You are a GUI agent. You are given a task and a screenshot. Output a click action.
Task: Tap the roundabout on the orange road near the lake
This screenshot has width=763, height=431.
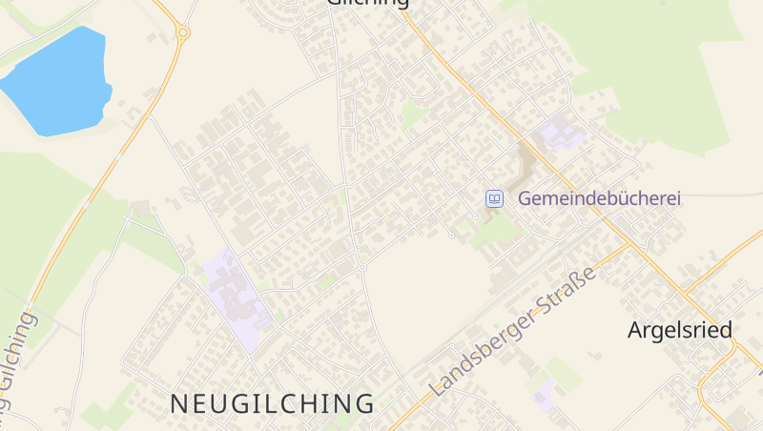183,32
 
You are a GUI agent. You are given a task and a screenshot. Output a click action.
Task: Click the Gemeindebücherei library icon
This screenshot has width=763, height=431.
494,198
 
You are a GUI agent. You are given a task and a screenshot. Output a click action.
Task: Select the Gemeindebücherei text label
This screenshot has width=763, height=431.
599,198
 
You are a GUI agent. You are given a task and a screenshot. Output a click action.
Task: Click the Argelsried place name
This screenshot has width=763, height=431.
679,331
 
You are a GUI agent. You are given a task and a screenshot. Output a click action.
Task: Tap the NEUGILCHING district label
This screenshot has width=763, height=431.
272,403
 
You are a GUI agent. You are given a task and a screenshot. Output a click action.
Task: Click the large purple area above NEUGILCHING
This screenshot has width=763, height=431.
233,297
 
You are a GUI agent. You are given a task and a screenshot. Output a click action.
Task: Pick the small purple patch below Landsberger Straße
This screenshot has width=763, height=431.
545,392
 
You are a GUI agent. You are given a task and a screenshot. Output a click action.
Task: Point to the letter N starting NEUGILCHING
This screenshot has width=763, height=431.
178,403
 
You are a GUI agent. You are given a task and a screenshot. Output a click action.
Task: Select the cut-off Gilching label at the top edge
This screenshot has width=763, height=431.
368,3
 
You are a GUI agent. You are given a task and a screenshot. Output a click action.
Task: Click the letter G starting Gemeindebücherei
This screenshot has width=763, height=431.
526,198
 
